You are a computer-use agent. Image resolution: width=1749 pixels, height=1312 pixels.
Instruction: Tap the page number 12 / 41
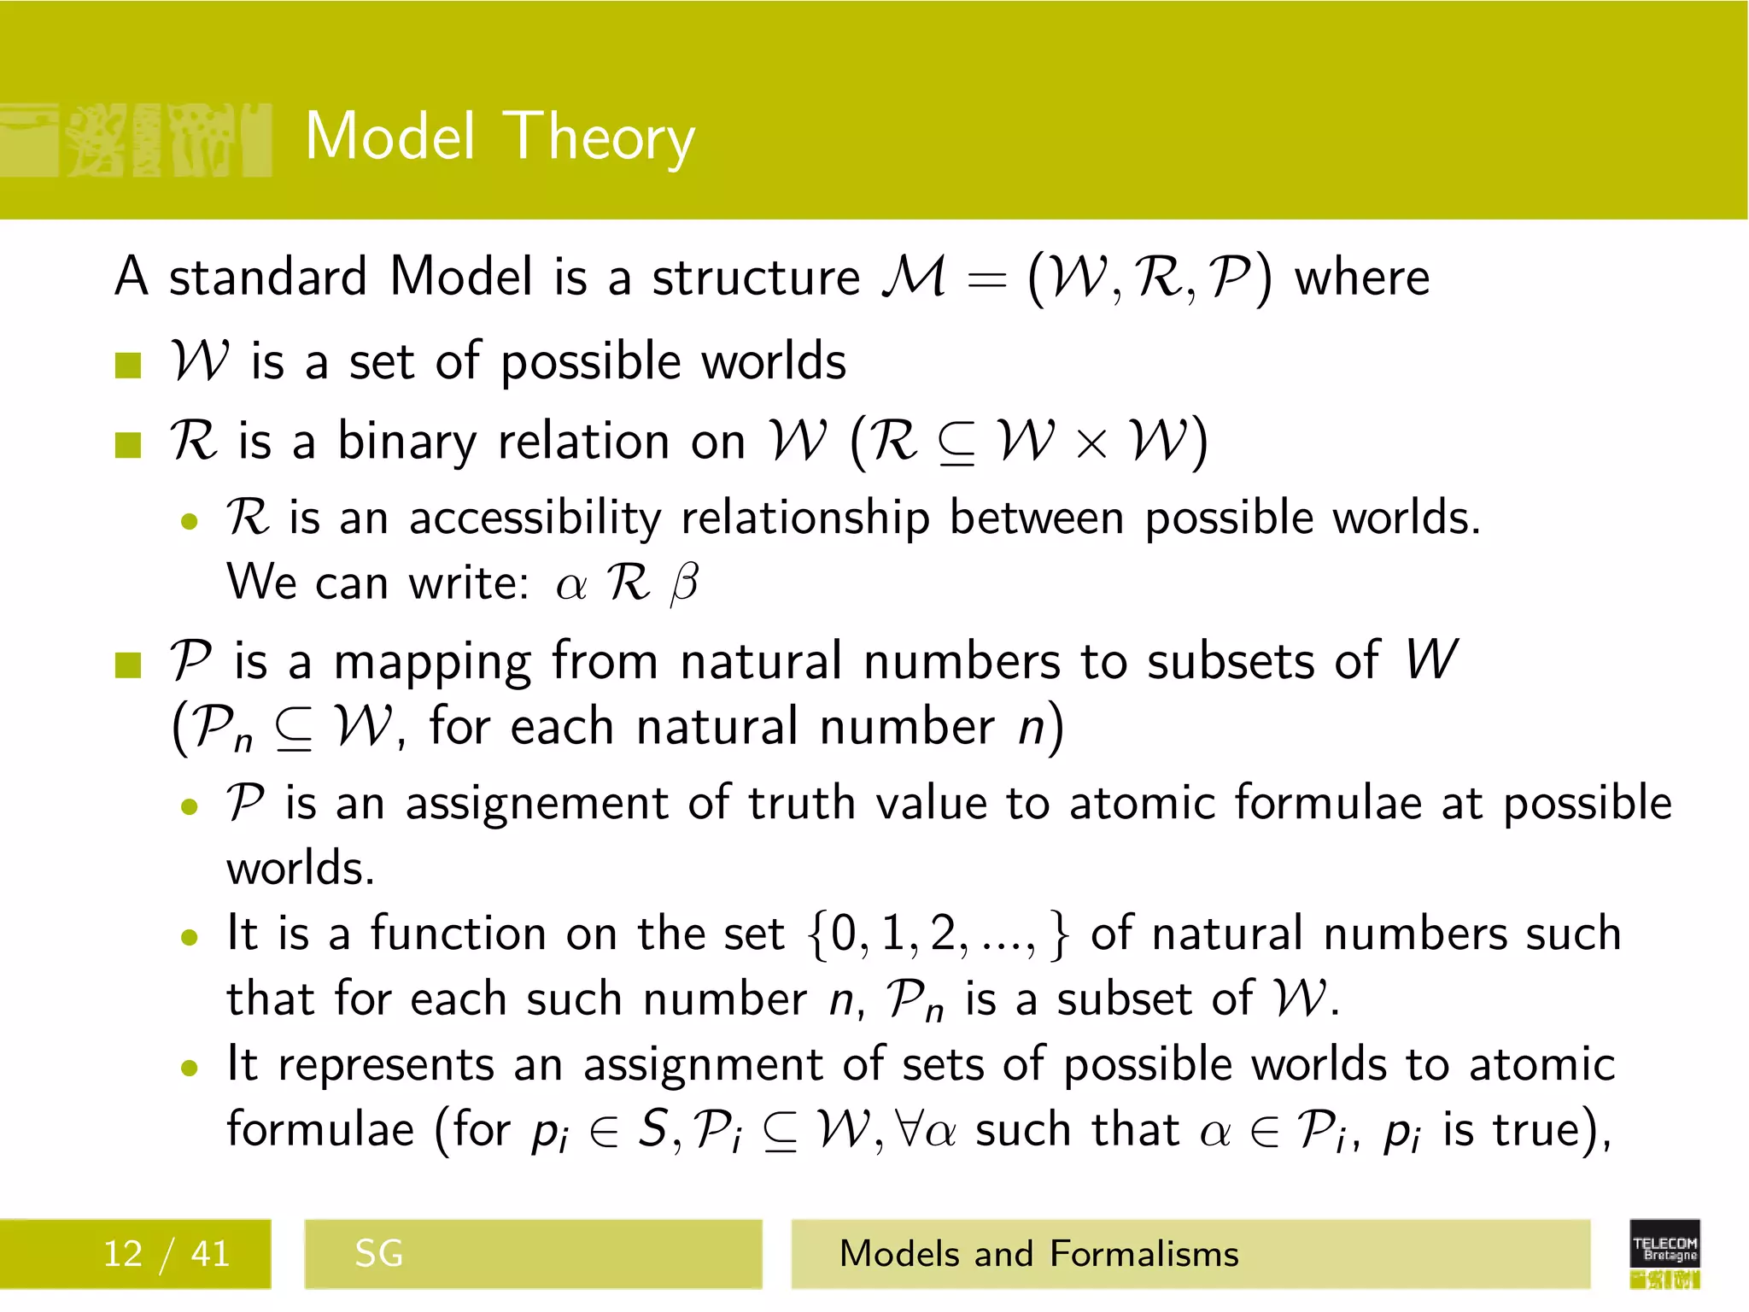(x=167, y=1254)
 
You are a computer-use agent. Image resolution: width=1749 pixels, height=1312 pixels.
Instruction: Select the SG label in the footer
(x=378, y=1254)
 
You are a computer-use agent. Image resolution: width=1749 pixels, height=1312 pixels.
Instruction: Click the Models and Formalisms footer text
(x=1038, y=1254)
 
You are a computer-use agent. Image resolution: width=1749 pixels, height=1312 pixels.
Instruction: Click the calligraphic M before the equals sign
(x=915, y=278)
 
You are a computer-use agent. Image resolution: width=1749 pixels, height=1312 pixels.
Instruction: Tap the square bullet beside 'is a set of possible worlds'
(x=128, y=365)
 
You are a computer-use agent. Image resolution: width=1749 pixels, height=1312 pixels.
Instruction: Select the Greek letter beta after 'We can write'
(x=685, y=584)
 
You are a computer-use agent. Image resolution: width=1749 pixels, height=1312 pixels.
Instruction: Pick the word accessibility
(x=535, y=518)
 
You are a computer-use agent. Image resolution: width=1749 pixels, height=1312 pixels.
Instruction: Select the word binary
(x=407, y=442)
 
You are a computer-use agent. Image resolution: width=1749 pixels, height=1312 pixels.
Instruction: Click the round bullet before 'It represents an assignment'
(x=190, y=1067)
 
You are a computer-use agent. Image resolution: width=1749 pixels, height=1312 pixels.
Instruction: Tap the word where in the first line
(x=1361, y=278)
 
